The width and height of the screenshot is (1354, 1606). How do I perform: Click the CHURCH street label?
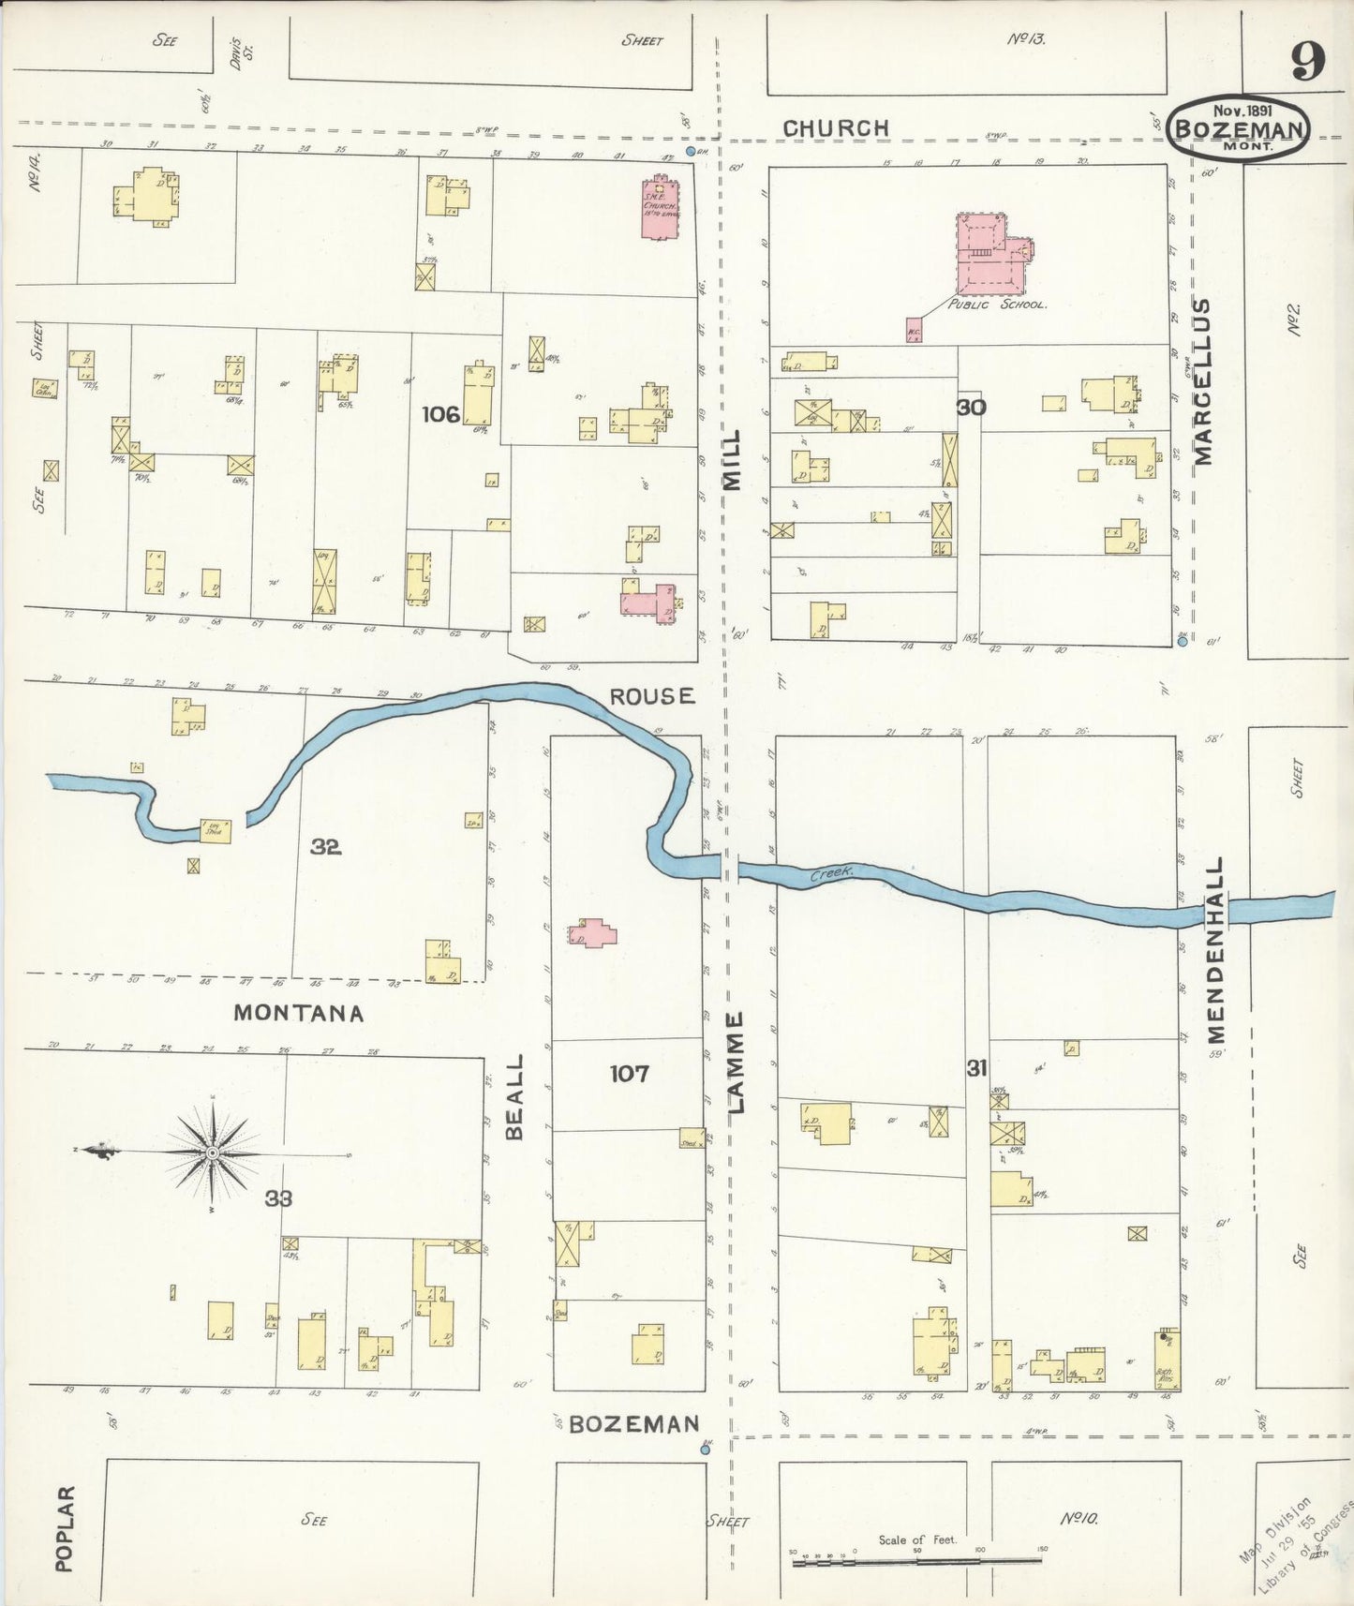click(836, 127)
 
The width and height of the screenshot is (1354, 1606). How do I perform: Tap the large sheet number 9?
click(1308, 62)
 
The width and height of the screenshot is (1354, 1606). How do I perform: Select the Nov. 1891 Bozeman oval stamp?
click(1239, 127)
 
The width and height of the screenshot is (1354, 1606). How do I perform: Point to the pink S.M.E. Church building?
click(661, 208)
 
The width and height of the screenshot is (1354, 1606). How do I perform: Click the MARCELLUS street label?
click(1203, 381)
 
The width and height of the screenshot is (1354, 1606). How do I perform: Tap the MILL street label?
click(732, 459)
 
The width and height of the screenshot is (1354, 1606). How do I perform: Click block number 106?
click(440, 413)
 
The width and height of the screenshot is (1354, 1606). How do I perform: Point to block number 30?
click(972, 407)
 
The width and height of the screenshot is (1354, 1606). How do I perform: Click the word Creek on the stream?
click(831, 871)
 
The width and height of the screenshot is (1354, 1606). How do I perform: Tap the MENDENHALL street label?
click(1216, 948)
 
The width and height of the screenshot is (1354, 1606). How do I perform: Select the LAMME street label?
click(736, 1063)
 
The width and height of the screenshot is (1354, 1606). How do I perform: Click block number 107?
click(629, 1073)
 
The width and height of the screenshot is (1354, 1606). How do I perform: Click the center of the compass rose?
click(213, 1152)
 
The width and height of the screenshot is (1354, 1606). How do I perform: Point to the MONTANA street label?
click(298, 1013)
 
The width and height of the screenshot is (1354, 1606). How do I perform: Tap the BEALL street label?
click(514, 1096)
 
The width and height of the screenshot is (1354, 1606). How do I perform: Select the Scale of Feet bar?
click(918, 1562)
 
